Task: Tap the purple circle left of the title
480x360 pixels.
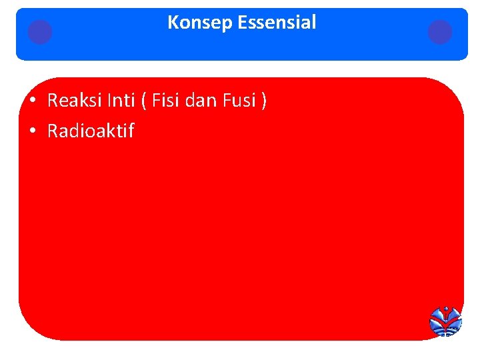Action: (40, 31)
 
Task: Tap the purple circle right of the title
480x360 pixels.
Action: (440, 31)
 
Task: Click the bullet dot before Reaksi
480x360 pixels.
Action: (32, 101)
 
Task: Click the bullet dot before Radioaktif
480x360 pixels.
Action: (32, 131)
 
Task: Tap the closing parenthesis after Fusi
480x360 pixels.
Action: (264, 101)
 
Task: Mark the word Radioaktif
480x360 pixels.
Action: (91, 131)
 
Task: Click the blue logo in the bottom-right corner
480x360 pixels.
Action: (445, 321)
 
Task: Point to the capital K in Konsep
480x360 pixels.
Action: (173, 23)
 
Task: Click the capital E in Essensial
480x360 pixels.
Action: (243, 23)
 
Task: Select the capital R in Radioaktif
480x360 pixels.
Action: (53, 131)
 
